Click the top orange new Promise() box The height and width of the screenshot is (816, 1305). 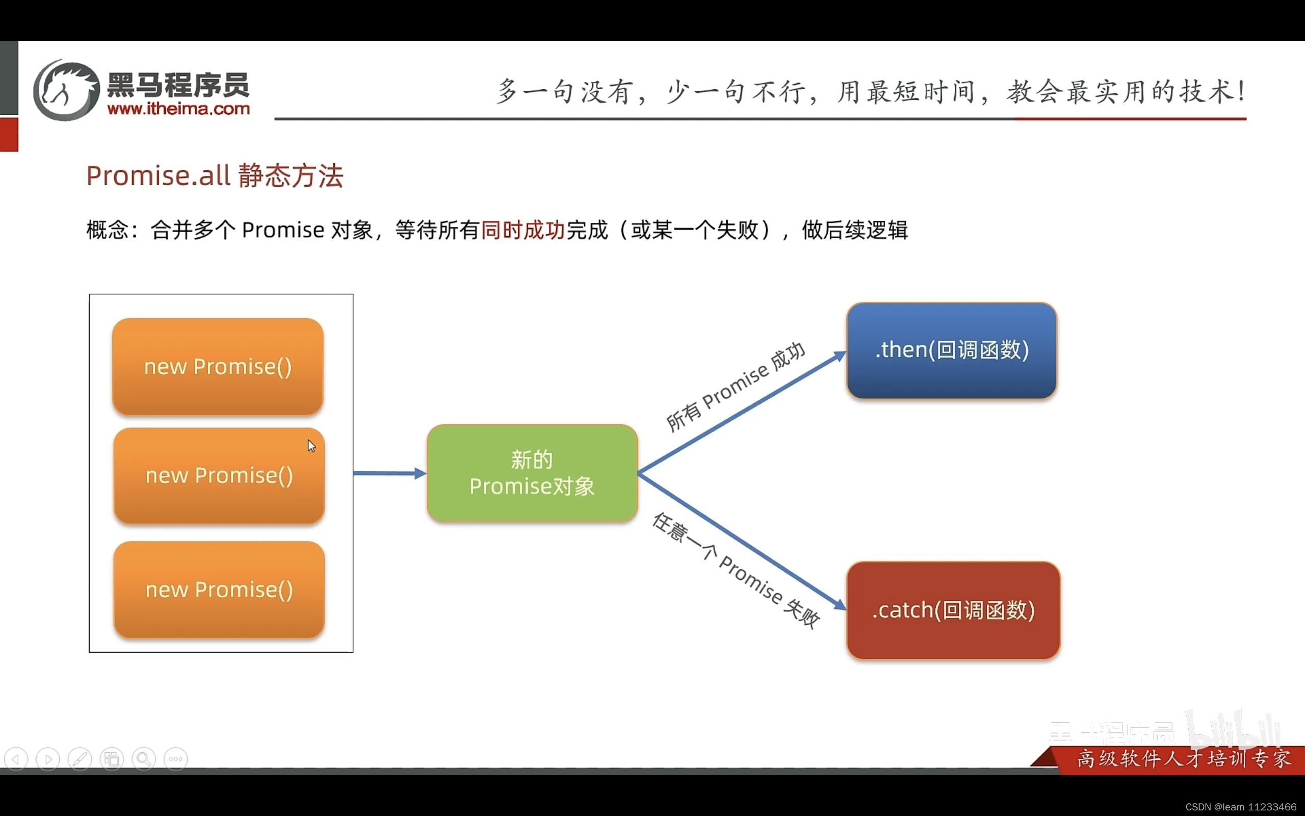tap(218, 367)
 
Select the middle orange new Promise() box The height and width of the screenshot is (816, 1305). tap(219, 476)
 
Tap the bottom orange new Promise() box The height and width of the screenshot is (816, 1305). tap(219, 590)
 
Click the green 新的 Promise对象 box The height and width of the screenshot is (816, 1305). tap(532, 473)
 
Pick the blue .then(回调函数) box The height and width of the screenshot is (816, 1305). tap(951, 350)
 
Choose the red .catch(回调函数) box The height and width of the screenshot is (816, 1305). tap(953, 610)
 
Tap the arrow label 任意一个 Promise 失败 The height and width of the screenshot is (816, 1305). tap(736, 571)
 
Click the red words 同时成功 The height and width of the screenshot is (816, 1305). tap(523, 231)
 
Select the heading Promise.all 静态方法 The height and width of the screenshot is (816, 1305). tap(215, 176)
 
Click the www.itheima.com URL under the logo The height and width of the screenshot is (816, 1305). tap(178, 109)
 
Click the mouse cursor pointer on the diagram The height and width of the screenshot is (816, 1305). tap(311, 446)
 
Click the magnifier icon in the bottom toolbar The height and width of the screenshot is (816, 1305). tap(143, 759)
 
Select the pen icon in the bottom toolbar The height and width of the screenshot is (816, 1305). tap(80, 759)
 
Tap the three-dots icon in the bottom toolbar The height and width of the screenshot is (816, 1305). tap(176, 759)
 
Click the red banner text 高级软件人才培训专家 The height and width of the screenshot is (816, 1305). tap(1184, 759)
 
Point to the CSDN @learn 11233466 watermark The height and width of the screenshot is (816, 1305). tap(1240, 807)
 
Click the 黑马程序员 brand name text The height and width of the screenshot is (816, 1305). tap(178, 85)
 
